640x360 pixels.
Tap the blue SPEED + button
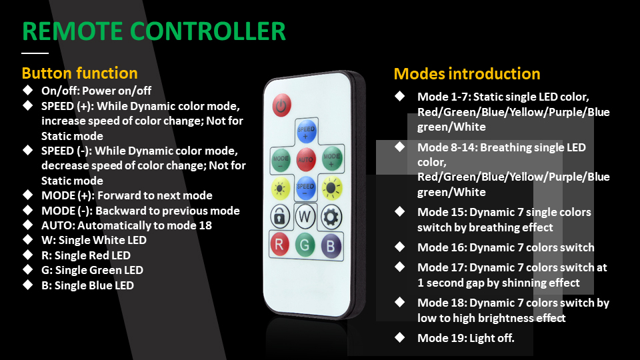[x=306, y=131]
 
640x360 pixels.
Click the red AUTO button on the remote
[x=305, y=159]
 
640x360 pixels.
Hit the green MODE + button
[x=331, y=159]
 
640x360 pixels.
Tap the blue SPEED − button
[x=305, y=188]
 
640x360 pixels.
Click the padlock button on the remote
[x=280, y=217]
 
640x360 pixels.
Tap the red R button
[x=279, y=244]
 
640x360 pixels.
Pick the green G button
[x=305, y=245]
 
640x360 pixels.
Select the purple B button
[x=331, y=246]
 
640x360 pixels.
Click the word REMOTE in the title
[x=72, y=31]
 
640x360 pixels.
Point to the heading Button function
[x=79, y=73]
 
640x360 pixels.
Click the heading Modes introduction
[x=467, y=74]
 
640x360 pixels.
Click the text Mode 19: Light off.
[x=466, y=338]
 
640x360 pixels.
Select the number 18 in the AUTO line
[x=205, y=225]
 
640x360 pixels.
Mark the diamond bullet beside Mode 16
[x=399, y=247]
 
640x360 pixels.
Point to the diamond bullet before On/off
[x=28, y=90]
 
